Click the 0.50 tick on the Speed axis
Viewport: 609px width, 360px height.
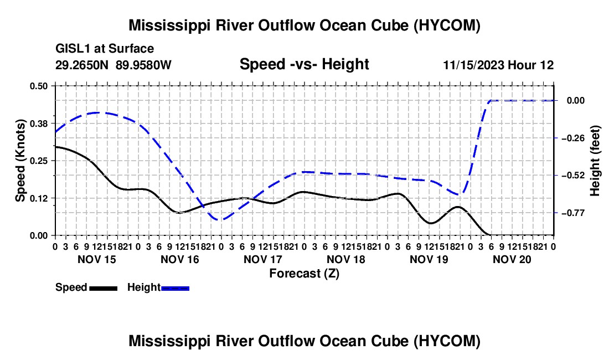click(x=39, y=86)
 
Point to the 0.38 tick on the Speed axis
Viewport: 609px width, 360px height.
click(x=39, y=124)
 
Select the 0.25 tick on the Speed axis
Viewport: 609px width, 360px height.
click(x=39, y=161)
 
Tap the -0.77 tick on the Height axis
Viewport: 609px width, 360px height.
click(x=575, y=213)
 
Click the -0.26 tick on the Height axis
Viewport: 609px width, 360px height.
click(x=575, y=138)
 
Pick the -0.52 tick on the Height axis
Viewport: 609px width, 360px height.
click(x=575, y=176)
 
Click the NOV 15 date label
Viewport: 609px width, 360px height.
click(x=97, y=259)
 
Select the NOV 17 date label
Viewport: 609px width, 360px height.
click(x=262, y=259)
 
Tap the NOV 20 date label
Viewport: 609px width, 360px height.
click(x=512, y=259)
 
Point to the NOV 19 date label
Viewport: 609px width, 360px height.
click(x=429, y=259)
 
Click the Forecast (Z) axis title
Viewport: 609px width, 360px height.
click(x=304, y=274)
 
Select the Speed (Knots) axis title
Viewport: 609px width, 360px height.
click(x=20, y=161)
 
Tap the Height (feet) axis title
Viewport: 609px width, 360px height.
click(x=595, y=161)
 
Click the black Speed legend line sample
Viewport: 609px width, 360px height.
click(x=104, y=289)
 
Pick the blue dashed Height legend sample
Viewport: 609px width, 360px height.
click(x=175, y=289)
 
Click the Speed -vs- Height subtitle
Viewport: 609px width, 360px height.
click(x=304, y=64)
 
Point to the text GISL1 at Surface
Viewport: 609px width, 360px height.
click(x=105, y=49)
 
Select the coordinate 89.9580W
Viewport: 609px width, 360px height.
click(x=143, y=65)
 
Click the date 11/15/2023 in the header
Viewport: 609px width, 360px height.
click(x=473, y=65)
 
